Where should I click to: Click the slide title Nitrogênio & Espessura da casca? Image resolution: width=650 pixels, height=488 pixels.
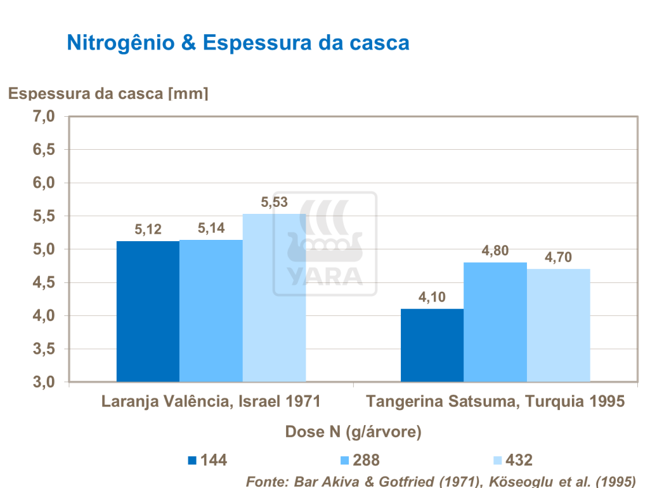(238, 43)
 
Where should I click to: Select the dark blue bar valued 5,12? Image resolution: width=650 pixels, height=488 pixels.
(148, 311)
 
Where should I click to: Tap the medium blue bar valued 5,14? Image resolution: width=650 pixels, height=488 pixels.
(211, 311)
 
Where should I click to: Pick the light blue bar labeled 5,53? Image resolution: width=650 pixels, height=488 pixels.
(274, 298)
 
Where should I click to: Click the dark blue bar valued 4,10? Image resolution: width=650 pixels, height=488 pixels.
(432, 346)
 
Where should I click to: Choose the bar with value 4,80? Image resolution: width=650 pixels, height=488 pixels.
(495, 322)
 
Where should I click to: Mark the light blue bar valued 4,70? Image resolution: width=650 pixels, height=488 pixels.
(559, 325)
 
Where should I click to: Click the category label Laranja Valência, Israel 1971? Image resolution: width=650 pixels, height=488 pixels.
(211, 402)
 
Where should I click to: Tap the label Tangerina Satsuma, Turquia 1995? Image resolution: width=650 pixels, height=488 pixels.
(495, 402)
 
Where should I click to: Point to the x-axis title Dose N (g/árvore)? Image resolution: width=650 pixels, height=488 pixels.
(354, 432)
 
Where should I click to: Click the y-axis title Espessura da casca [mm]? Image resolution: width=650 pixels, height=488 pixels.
(108, 94)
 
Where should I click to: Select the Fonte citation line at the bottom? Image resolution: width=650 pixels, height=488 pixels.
(440, 480)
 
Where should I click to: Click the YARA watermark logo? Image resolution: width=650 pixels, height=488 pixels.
(325, 244)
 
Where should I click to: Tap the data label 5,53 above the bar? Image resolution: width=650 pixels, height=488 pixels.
(275, 203)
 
